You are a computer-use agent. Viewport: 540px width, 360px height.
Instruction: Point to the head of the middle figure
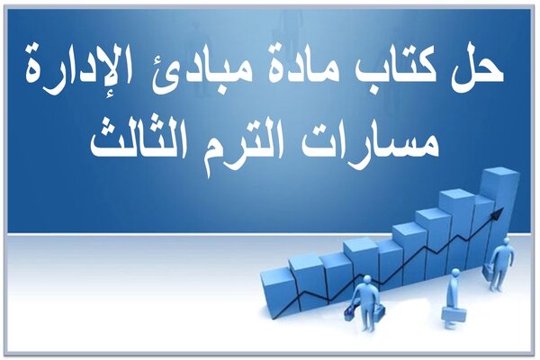pos(455,273)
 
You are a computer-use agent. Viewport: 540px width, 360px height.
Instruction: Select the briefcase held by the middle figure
pos(454,315)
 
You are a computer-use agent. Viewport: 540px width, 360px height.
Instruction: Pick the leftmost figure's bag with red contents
pos(349,313)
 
